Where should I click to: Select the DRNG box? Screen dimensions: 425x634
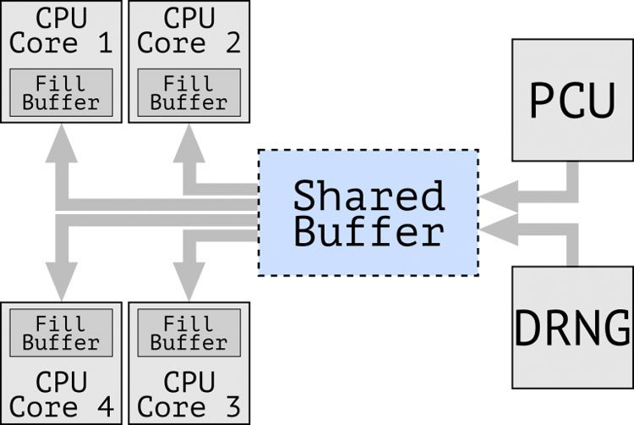click(573, 327)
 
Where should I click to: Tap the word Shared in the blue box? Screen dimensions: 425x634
click(369, 196)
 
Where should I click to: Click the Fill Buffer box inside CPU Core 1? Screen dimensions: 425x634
click(61, 92)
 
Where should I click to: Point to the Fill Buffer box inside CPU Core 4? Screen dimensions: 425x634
click(61, 333)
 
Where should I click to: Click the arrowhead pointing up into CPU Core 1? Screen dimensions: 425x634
click(61, 140)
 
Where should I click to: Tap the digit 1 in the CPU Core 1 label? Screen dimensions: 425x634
click(106, 42)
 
